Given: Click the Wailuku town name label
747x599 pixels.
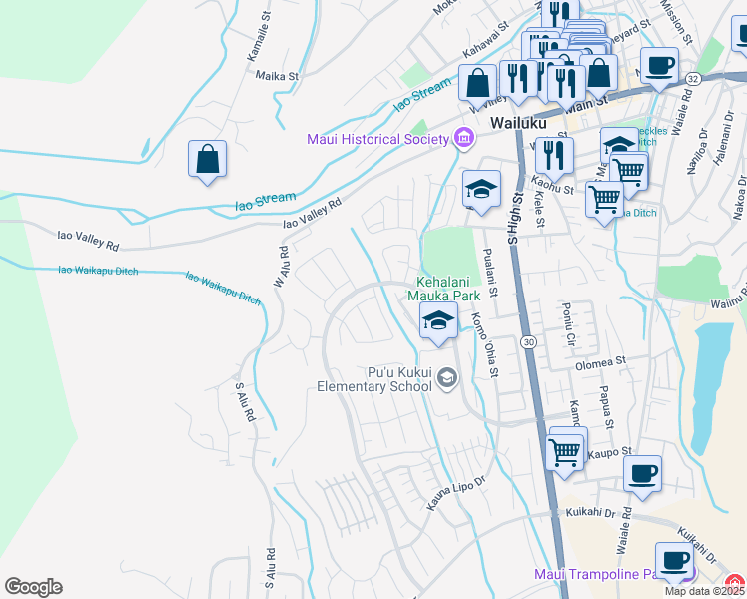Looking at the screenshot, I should tap(521, 121).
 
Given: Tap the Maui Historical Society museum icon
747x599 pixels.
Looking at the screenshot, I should tap(463, 138).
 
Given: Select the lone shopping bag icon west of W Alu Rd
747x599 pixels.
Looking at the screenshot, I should tap(207, 160).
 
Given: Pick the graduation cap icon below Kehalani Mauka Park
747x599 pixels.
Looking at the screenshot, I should tap(437, 322).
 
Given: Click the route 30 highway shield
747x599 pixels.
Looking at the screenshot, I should tap(529, 341).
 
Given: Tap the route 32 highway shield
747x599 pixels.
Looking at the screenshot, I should tap(721, 77).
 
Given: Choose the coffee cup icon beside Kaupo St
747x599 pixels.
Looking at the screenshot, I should tap(642, 473).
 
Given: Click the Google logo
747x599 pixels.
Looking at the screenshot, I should tap(33, 587).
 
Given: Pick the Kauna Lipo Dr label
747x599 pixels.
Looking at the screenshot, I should tap(455, 494).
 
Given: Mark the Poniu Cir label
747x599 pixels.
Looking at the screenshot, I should tap(569, 320).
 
